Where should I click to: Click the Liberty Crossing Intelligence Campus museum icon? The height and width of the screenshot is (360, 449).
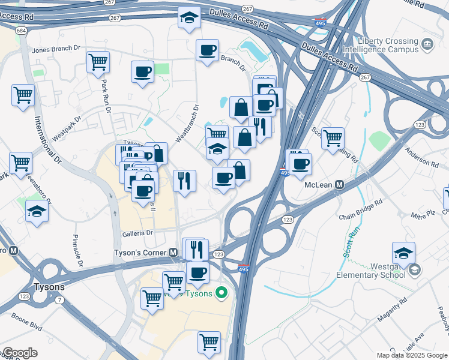coord(427,43)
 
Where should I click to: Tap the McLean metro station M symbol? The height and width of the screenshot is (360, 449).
coord(339,185)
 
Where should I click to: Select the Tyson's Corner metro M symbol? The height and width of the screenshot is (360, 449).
coord(173,253)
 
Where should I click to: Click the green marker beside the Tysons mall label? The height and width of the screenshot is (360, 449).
coord(221,293)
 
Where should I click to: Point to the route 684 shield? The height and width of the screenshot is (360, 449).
coord(21,30)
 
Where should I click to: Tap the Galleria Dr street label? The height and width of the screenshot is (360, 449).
coord(138,233)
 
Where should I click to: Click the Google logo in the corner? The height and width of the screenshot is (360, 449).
coord(19,353)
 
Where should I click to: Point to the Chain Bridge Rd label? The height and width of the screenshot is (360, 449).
coord(360,209)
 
